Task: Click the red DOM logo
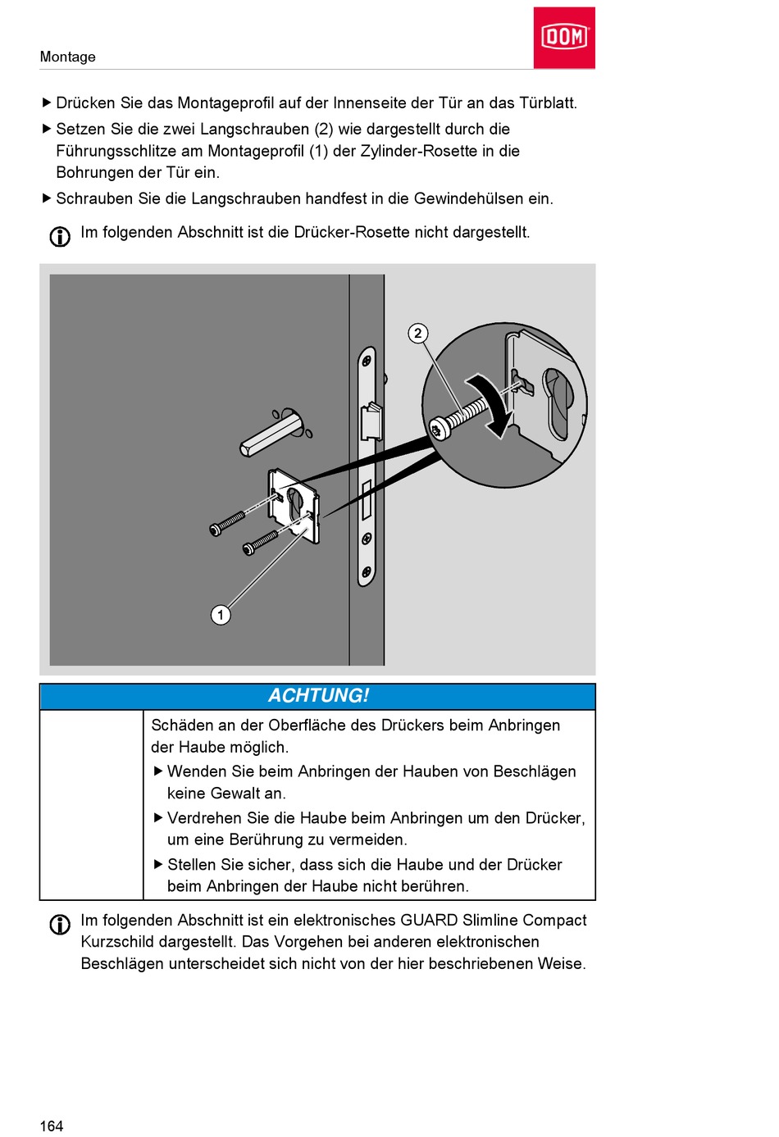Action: coord(564,38)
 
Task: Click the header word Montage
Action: coord(67,57)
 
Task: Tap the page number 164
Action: coord(51,1126)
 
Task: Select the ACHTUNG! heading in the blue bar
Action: coord(318,696)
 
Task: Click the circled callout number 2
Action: coord(418,333)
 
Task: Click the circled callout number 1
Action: coord(221,615)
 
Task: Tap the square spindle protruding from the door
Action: coord(271,434)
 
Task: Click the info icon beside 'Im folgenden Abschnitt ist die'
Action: coord(60,236)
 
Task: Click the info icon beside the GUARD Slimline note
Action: coord(60,924)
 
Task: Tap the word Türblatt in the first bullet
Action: coord(547,102)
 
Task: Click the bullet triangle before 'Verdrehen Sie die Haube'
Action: coord(158,817)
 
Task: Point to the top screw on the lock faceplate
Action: coord(367,361)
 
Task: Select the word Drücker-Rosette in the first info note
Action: coord(351,232)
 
